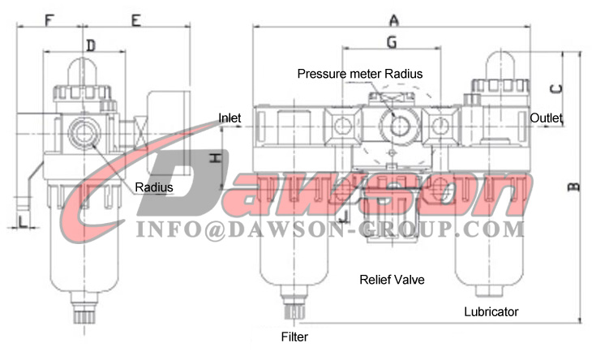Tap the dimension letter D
(91, 45)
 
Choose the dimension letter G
(391, 40)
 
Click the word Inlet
(230, 118)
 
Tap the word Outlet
(547, 118)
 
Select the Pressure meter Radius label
(359, 73)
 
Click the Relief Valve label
(392, 280)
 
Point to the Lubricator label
(491, 311)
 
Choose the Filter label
(294, 336)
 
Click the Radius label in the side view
(154, 186)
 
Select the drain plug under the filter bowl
(294, 310)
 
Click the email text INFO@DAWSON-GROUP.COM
(330, 229)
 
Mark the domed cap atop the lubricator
(501, 64)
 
